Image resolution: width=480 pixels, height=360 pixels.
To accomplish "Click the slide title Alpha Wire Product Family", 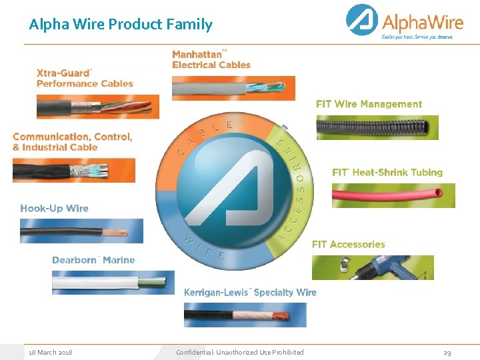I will click(x=121, y=25).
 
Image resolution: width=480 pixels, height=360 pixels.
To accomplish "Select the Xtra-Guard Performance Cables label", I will click(x=84, y=78).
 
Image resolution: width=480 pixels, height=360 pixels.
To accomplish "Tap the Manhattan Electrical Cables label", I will click(x=211, y=59).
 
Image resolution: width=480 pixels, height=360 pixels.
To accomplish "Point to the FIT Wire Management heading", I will click(x=369, y=104).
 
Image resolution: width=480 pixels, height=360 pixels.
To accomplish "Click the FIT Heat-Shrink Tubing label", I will click(x=387, y=172).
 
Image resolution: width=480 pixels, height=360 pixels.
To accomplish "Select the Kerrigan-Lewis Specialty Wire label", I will click(x=250, y=292).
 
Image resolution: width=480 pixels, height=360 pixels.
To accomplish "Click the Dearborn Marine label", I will click(x=93, y=260).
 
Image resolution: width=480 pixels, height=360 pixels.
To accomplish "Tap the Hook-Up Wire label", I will click(x=54, y=208).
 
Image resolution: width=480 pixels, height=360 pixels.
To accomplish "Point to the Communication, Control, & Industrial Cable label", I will click(x=72, y=141).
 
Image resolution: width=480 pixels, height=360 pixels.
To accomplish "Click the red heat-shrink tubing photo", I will click(x=393, y=195).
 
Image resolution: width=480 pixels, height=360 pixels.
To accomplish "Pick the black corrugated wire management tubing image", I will click(x=377, y=127).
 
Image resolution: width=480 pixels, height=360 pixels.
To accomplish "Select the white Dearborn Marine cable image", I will click(x=113, y=282).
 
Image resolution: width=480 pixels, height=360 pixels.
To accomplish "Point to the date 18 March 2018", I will click(x=50, y=352).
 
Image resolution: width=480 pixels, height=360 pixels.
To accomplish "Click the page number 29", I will click(x=447, y=352).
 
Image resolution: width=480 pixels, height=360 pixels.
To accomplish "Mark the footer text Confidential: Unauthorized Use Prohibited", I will click(x=239, y=352).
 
